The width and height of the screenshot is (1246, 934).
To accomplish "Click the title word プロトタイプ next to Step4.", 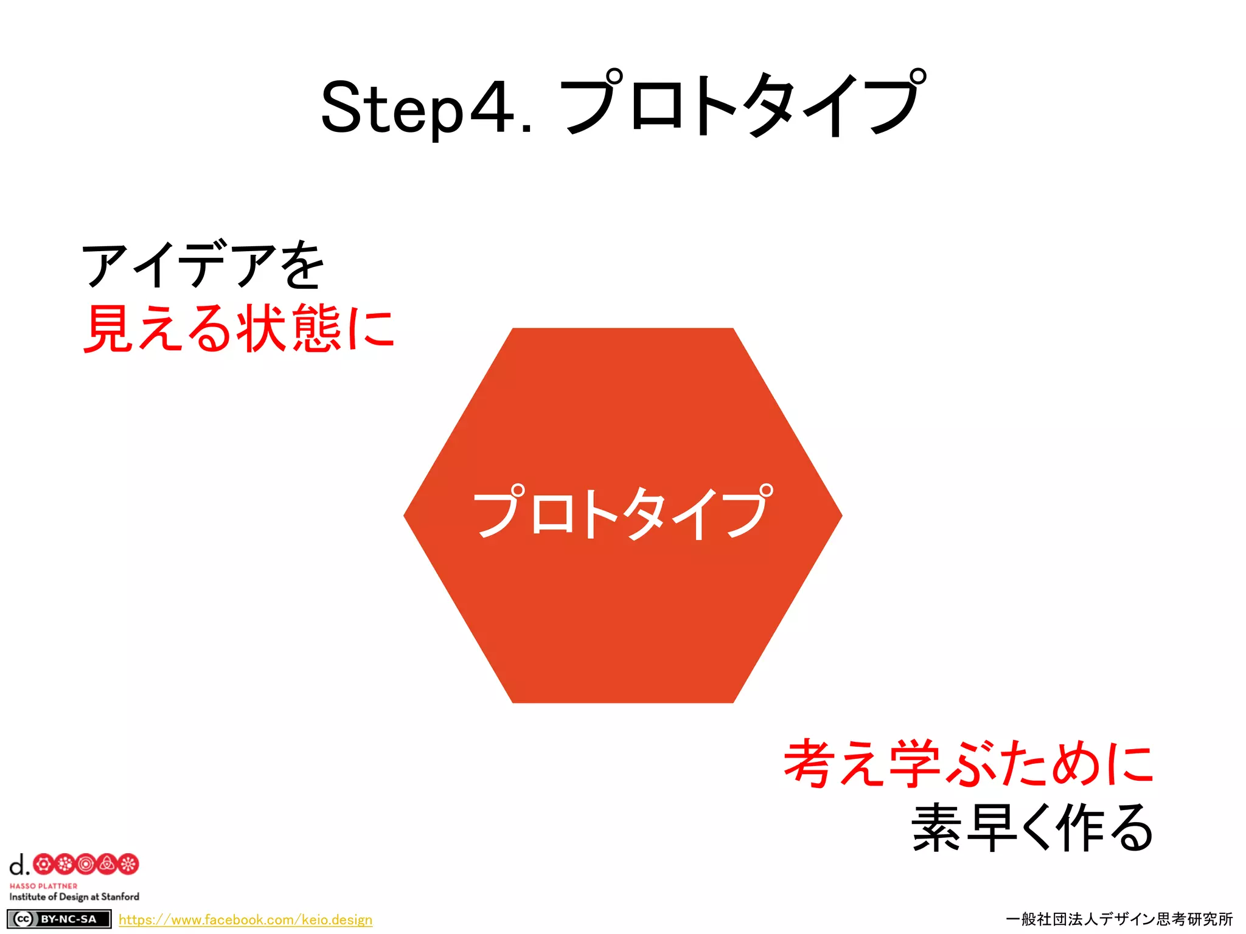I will [x=742, y=103].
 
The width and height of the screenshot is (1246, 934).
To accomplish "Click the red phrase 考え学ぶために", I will [x=969, y=764].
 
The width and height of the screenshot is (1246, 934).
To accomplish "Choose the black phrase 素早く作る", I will [x=1032, y=827].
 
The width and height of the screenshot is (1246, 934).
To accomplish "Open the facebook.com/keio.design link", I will [x=245, y=919].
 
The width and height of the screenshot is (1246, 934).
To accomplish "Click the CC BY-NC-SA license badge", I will [x=59, y=919].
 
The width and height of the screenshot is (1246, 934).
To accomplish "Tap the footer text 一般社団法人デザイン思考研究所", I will [x=1119, y=919].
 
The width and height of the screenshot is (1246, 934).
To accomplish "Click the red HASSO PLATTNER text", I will [x=43, y=886].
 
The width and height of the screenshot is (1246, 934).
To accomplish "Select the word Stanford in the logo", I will [x=120, y=896].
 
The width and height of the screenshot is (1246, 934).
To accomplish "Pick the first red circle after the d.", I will [x=43, y=864].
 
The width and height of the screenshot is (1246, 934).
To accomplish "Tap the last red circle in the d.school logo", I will [x=128, y=864].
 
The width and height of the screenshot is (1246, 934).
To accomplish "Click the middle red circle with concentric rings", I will [x=86, y=864].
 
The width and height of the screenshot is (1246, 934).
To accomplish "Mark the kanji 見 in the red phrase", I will [x=107, y=328].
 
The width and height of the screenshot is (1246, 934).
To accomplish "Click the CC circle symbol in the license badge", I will [x=23, y=919].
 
